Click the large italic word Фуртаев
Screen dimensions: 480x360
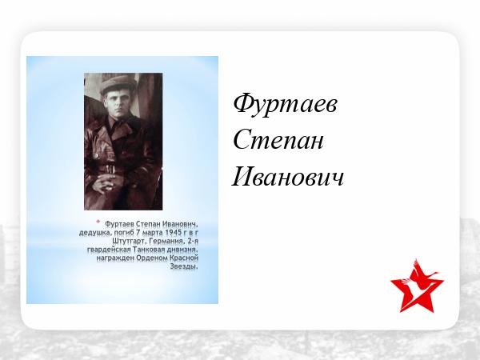(x=286, y=105)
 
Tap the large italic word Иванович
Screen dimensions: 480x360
(x=288, y=177)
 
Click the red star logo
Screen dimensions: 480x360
(x=417, y=286)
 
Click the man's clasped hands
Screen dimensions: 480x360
(x=105, y=183)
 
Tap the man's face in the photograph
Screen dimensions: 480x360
(x=115, y=102)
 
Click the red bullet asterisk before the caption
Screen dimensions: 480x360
(x=98, y=222)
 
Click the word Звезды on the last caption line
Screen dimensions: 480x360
(x=184, y=266)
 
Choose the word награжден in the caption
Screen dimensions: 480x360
(x=115, y=258)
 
